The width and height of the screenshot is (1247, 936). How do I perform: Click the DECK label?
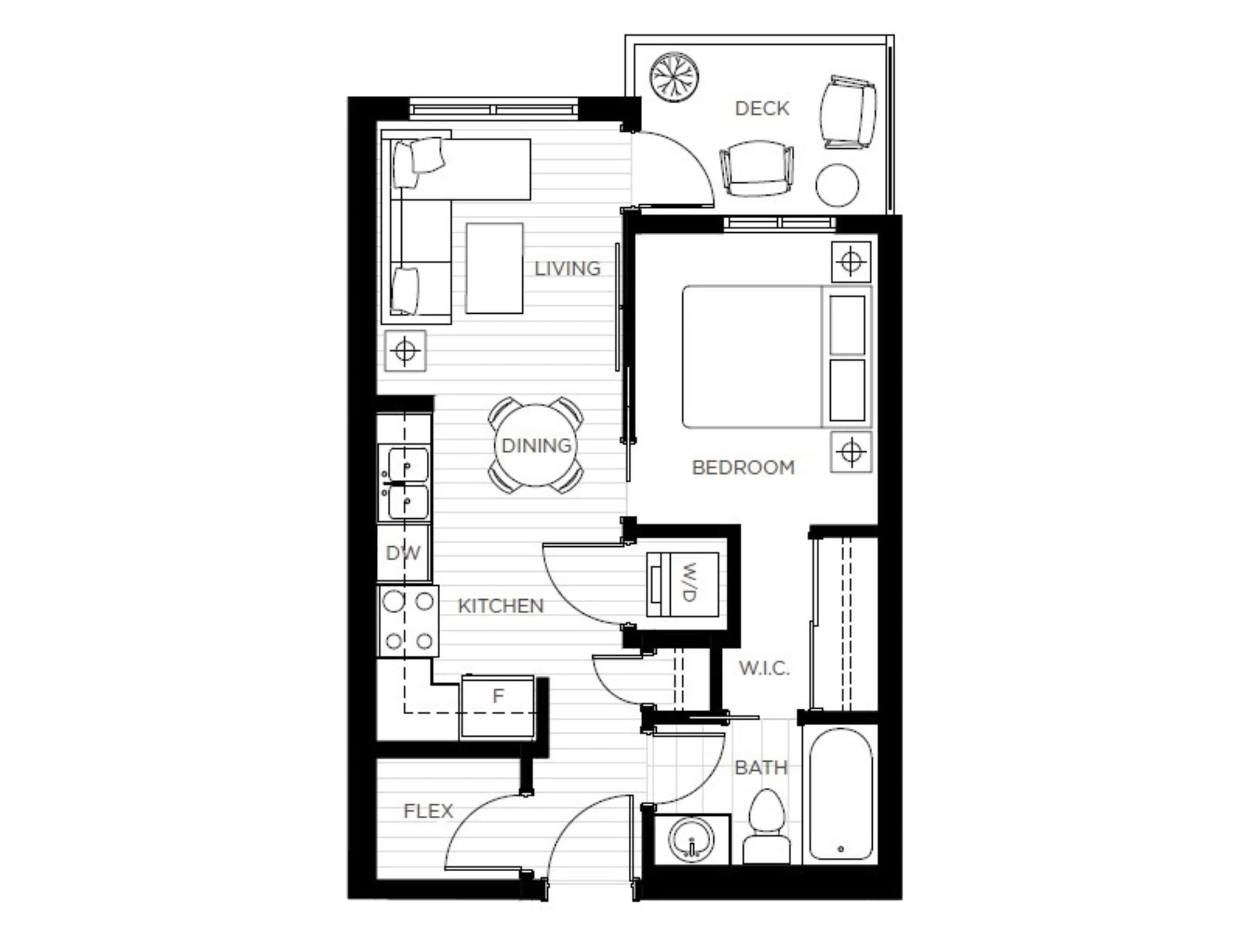click(762, 108)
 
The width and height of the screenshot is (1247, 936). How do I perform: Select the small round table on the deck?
click(837, 185)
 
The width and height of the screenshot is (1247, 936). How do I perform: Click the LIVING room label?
click(567, 268)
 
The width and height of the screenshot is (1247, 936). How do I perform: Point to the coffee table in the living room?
click(494, 268)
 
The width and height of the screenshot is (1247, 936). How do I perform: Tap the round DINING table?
click(535, 446)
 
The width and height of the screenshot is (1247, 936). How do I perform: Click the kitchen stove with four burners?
click(408, 621)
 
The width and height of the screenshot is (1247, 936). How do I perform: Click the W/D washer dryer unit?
click(683, 584)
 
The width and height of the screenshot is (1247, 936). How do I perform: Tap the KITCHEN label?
click(501, 606)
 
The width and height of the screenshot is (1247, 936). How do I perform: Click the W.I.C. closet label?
click(764, 669)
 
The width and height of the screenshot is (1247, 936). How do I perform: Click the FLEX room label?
click(428, 811)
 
